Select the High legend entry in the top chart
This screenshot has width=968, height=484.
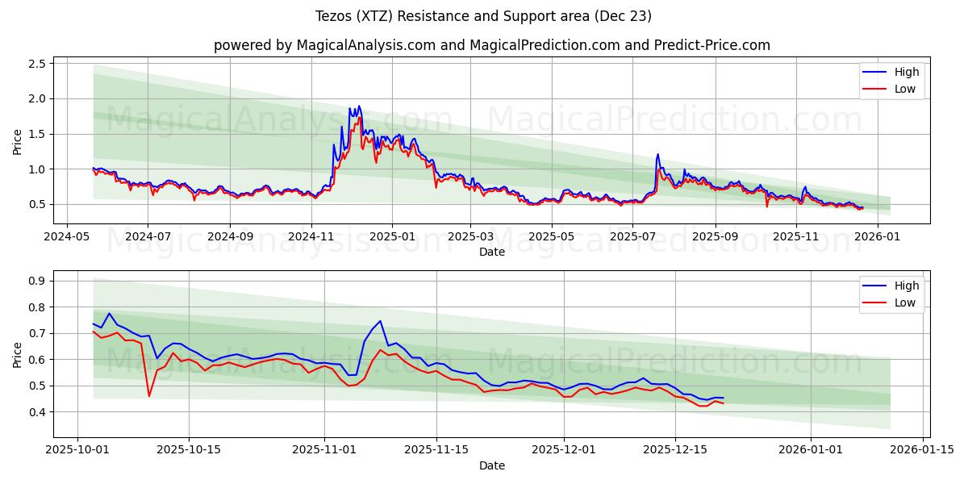point(907,72)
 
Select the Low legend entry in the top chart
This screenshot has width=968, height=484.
point(905,89)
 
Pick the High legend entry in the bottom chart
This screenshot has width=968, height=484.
point(907,286)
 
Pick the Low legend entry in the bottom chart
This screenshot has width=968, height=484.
point(905,302)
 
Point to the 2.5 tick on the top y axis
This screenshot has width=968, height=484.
point(39,63)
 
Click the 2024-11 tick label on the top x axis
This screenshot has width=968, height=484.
point(311,237)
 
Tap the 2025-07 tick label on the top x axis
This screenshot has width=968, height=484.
point(632,237)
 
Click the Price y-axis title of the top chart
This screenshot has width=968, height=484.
point(18,141)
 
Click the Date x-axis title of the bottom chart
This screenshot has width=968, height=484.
point(492,465)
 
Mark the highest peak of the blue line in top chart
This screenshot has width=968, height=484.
point(358,106)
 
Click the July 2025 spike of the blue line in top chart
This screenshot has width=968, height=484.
point(657,154)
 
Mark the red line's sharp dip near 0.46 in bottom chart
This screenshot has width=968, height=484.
point(149,395)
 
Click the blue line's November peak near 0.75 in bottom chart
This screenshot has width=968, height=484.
point(380,321)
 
